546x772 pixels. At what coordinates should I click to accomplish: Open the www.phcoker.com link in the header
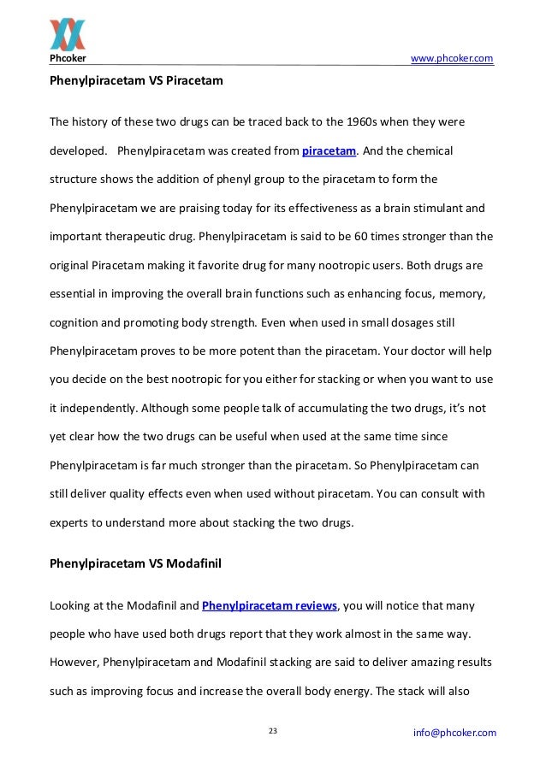click(x=452, y=58)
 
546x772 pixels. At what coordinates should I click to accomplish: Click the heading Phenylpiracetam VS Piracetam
click(x=136, y=82)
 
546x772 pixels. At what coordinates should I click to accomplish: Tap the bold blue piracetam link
click(x=329, y=152)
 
